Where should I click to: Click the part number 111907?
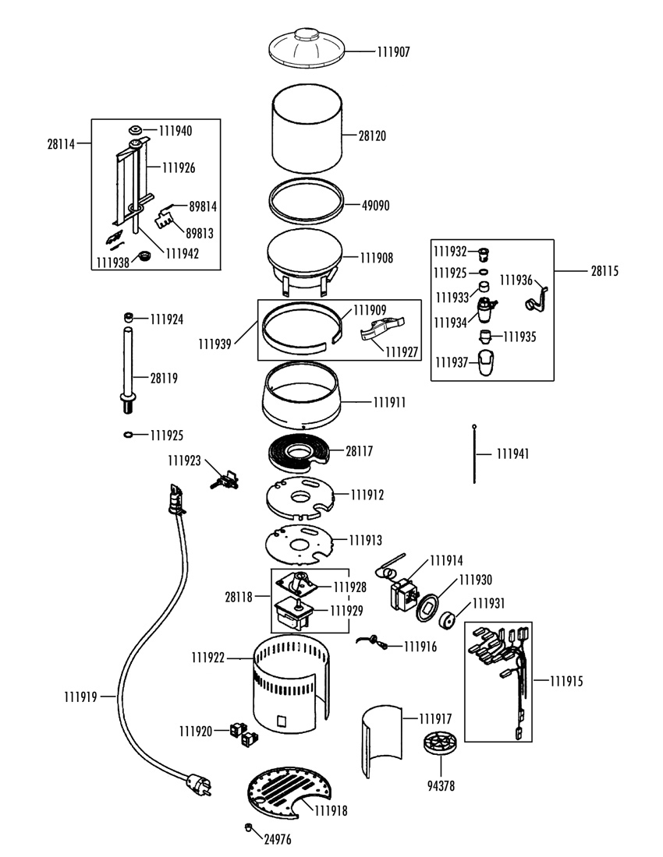coord(393,52)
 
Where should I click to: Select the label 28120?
coord(372,136)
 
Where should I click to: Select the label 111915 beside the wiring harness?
coord(566,680)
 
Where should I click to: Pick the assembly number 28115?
coord(605,271)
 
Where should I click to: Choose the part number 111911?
coord(389,403)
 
